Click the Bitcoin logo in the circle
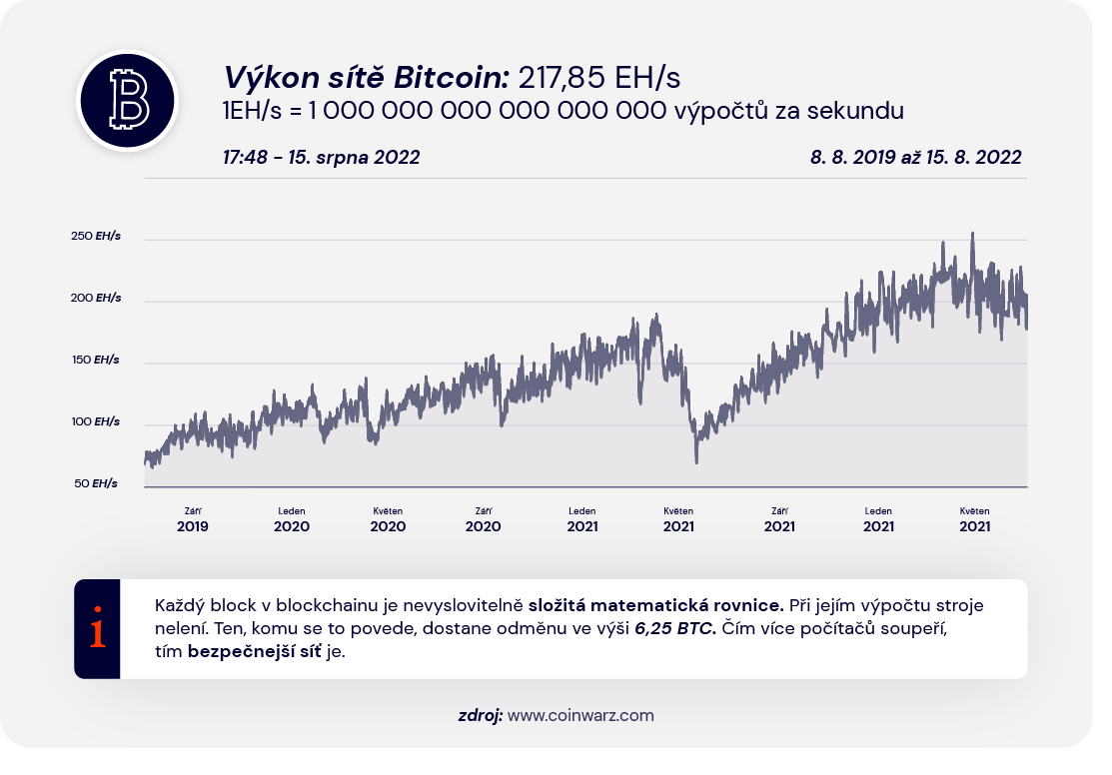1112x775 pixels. [x=127, y=100]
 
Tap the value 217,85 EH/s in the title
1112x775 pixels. [x=599, y=78]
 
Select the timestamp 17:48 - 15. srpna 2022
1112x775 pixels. [x=322, y=157]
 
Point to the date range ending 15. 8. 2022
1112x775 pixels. [x=916, y=157]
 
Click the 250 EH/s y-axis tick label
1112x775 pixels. [x=96, y=237]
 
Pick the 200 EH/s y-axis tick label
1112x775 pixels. [x=96, y=299]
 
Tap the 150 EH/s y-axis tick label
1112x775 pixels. [x=96, y=360]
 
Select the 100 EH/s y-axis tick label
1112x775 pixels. [x=96, y=422]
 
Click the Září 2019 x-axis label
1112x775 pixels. [x=193, y=519]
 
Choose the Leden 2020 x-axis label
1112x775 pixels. [x=292, y=519]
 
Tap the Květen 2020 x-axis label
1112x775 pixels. [x=388, y=519]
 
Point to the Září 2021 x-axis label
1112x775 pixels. [x=780, y=519]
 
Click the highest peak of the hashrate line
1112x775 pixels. [x=973, y=234]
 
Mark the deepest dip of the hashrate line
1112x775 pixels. [x=696, y=461]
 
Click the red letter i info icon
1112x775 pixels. [x=97, y=629]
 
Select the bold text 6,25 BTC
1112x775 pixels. [x=675, y=630]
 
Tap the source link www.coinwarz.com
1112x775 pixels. [x=580, y=715]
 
